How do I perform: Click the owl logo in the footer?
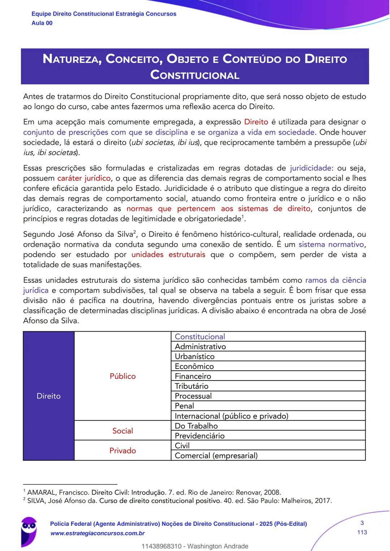29,530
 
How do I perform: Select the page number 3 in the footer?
362,523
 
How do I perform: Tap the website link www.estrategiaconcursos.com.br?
97,533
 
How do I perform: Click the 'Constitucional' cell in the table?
200,336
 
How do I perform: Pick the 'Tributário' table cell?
191,386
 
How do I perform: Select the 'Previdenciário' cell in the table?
199,435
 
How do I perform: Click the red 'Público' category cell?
122,376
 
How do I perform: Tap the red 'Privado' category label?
122,451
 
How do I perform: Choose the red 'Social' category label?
122,431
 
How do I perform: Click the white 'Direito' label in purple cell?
48,396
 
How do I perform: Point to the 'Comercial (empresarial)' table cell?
216,455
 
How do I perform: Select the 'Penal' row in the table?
184,406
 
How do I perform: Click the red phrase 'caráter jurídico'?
84,178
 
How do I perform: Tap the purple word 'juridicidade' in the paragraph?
311,168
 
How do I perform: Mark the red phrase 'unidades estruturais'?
168,254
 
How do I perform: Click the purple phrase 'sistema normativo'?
331,244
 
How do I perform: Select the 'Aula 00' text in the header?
42,23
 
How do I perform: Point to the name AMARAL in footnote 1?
42,492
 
